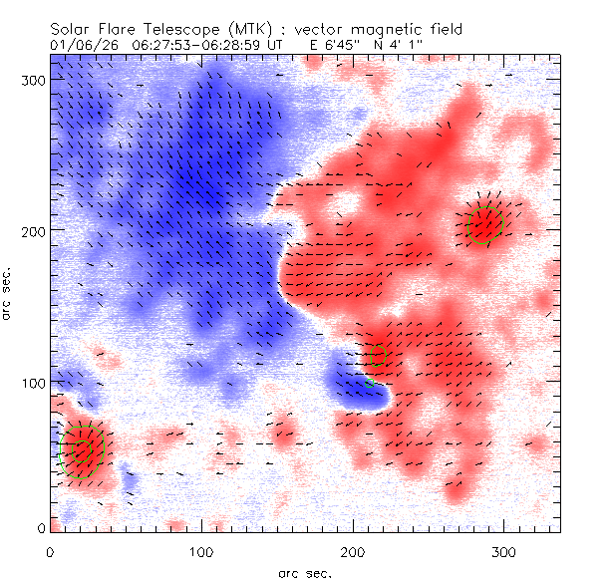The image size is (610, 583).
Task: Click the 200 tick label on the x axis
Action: click(353, 550)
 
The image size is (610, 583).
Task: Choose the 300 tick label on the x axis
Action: click(505, 550)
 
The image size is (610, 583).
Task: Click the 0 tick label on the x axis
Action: click(50, 550)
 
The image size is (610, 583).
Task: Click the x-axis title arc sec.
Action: click(303, 572)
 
